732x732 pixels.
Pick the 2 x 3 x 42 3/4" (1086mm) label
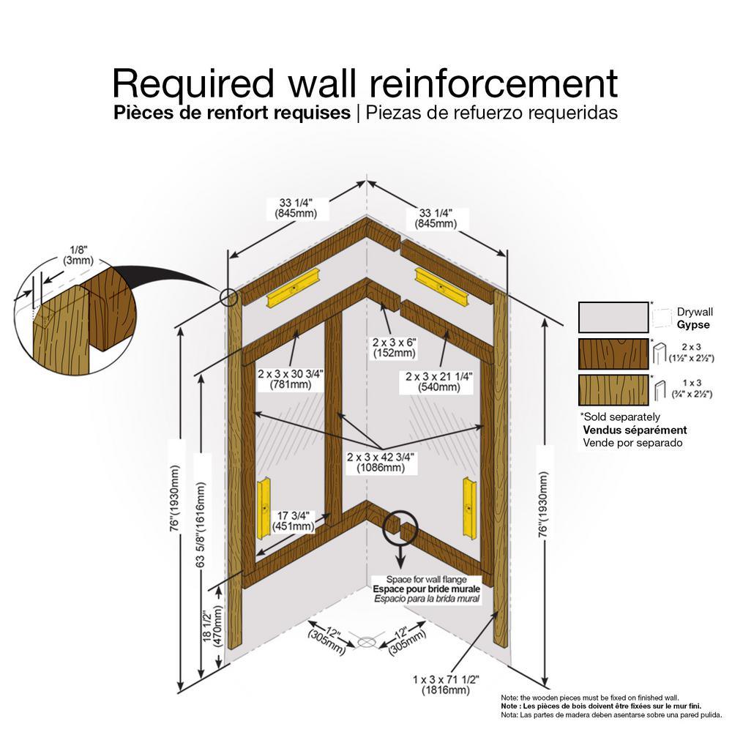point(381,462)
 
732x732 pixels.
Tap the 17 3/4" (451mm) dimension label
point(294,520)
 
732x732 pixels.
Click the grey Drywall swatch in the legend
point(613,318)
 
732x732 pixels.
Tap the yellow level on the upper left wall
point(292,291)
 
